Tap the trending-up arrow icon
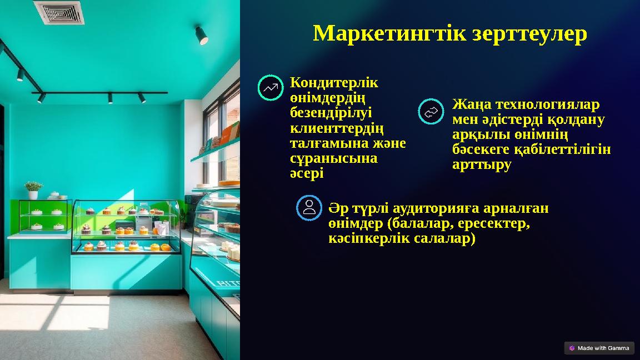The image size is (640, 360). point(271,88)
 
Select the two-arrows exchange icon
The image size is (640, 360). point(431,112)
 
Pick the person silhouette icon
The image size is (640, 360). point(309,208)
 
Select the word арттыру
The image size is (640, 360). point(482,165)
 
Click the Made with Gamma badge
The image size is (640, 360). point(599,348)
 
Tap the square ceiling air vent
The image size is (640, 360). point(59,12)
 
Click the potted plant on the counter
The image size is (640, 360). point(33,189)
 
